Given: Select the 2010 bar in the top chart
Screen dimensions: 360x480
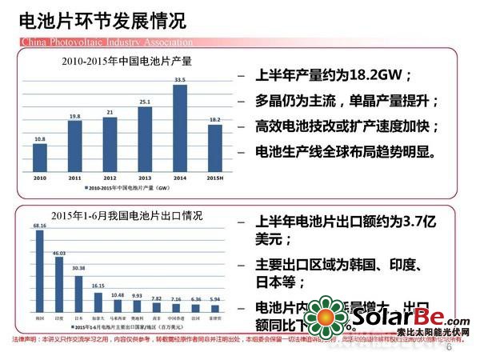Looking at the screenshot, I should click(x=39, y=156).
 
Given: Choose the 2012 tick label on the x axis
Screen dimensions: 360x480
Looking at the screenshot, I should click(x=110, y=177).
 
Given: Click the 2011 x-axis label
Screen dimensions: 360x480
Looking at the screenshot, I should click(x=74, y=177).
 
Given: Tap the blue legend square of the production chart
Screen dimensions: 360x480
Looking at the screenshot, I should click(x=87, y=189).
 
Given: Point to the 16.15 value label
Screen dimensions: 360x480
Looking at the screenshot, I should click(x=98, y=286).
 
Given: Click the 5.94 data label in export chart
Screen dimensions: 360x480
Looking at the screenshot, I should click(x=214, y=298).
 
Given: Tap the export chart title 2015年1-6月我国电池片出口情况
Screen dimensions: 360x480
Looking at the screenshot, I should click(x=126, y=217).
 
